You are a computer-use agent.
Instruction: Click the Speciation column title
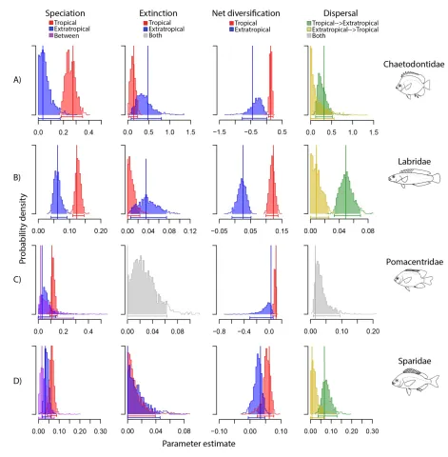tap(65, 13)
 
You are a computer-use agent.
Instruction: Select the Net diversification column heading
tap(245, 13)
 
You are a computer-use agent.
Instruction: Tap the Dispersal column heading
tap(341, 13)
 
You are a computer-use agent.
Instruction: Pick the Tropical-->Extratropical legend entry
tap(342, 23)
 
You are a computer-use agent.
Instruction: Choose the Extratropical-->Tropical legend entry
tap(342, 30)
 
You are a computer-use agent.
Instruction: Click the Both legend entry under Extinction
tap(153, 35)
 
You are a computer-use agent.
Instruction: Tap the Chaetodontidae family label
tap(414, 65)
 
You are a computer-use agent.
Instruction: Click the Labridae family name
tap(415, 162)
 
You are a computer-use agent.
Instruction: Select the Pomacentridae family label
tap(415, 262)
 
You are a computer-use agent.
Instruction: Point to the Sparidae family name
tap(415, 361)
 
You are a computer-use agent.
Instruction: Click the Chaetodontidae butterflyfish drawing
tap(413, 85)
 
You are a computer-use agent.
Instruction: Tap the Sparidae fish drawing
tap(416, 381)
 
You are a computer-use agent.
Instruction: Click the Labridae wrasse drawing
tap(415, 177)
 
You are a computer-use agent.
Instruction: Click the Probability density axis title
tap(23, 228)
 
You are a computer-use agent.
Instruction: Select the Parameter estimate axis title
tap(199, 444)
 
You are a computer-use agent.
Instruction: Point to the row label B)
tap(17, 177)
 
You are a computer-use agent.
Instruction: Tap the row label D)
tap(17, 381)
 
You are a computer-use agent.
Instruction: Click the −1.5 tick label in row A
tap(219, 132)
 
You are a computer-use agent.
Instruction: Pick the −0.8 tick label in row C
tap(219, 331)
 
